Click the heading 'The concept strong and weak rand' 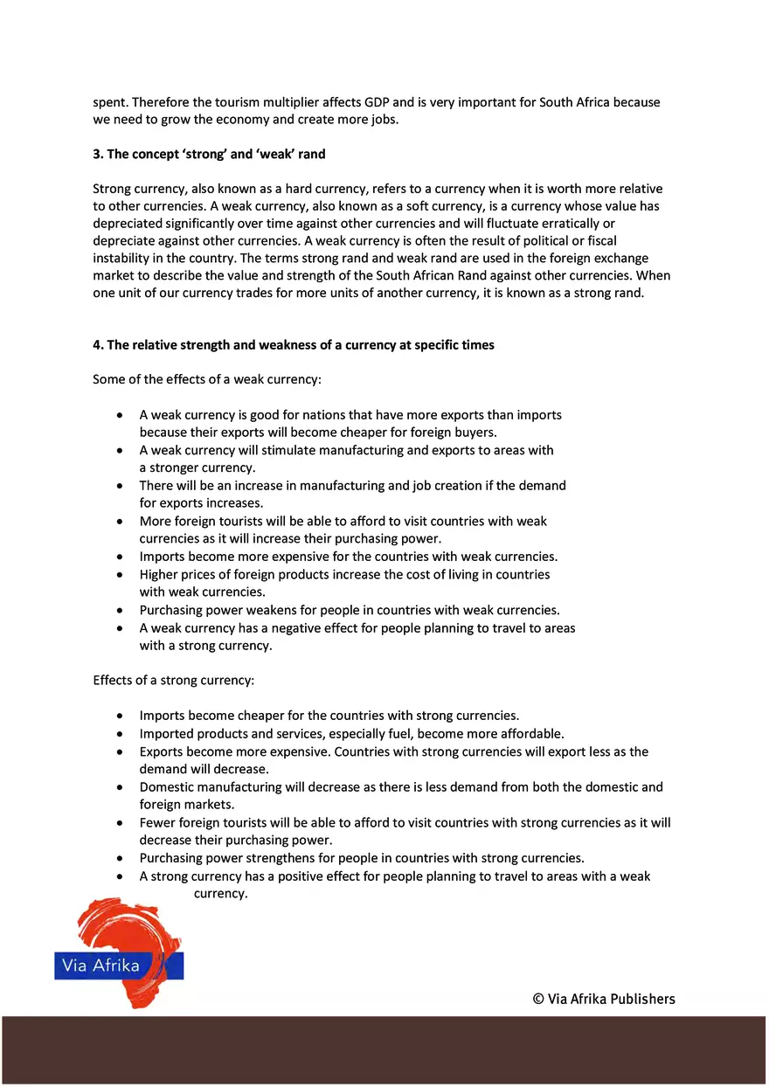coord(209,154)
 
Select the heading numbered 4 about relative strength coord(294,345)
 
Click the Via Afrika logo coord(119,952)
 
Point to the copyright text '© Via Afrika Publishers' coord(604,999)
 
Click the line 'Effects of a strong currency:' coord(173,680)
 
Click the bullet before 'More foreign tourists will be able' coord(119,522)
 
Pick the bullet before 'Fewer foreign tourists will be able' coord(119,823)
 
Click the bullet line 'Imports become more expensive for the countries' coord(348,557)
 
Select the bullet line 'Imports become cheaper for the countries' coord(329,716)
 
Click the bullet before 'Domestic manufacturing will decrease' coord(119,787)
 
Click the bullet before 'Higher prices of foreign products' coord(119,575)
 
